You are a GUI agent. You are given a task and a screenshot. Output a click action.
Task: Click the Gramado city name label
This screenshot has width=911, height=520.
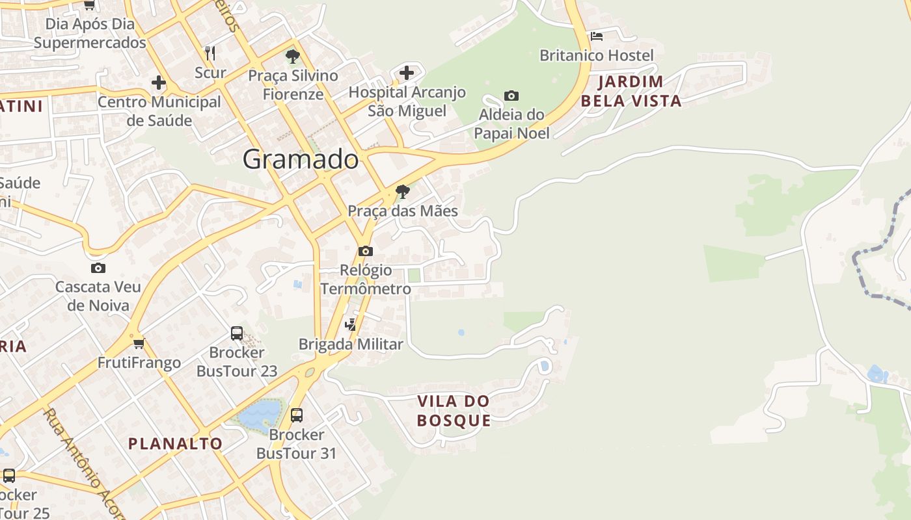301,159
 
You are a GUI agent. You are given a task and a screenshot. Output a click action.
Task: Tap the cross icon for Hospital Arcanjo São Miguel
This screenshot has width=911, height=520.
407,72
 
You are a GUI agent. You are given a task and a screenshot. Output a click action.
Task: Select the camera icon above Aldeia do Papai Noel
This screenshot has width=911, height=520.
511,96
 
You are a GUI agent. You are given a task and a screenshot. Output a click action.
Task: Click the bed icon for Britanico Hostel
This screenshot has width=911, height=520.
596,36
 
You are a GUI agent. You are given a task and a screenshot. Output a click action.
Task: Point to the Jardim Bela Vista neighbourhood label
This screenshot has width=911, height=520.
631,91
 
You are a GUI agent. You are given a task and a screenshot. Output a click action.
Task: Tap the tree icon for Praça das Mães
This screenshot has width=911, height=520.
403,192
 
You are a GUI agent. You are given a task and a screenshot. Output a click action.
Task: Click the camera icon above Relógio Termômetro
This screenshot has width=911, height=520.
366,251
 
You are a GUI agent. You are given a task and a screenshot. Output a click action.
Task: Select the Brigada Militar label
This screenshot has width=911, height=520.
351,344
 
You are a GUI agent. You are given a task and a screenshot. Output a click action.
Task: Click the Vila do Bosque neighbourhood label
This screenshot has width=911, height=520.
454,410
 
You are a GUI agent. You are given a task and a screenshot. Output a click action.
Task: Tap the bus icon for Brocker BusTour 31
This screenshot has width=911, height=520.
297,415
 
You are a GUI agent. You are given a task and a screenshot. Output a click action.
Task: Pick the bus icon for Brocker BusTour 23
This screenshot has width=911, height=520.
237,333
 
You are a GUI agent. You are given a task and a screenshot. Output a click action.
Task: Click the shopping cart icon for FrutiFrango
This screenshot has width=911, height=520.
138,343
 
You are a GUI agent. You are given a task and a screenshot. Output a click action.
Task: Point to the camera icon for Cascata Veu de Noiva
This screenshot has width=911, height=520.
98,268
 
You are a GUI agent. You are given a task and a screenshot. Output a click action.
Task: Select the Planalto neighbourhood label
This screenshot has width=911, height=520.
175,443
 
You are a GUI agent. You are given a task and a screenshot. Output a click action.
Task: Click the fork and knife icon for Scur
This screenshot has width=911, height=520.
210,53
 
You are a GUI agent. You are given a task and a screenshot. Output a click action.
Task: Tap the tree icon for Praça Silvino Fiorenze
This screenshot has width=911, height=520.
293,56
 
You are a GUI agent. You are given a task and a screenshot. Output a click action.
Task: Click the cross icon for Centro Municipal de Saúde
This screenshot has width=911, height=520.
158,83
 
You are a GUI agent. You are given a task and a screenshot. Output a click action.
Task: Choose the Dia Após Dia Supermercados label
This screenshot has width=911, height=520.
90,33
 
